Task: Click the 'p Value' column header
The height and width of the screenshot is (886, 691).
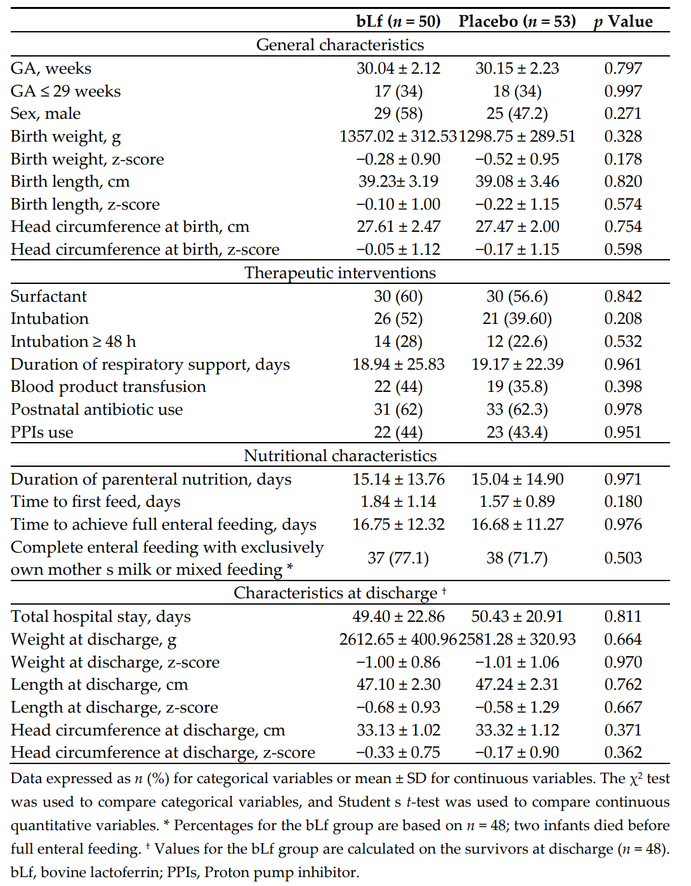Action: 623,22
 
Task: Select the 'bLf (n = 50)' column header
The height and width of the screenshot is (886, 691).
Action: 398,22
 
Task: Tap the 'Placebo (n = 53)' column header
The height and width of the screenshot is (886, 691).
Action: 517,22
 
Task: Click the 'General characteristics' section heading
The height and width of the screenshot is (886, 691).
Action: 340,45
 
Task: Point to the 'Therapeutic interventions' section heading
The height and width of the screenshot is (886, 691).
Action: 340,273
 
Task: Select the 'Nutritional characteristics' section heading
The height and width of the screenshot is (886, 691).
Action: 340,456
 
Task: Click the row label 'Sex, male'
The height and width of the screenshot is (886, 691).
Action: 46,114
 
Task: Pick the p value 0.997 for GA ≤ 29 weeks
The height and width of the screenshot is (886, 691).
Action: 623,91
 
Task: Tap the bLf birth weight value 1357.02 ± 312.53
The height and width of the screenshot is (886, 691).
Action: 398,137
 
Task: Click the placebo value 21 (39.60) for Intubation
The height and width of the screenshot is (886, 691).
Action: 517,319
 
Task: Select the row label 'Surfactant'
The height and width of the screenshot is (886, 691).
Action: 49,297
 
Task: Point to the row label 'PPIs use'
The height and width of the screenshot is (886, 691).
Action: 42,433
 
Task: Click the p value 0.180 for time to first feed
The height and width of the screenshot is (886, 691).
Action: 623,502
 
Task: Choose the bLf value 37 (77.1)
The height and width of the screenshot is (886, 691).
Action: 398,558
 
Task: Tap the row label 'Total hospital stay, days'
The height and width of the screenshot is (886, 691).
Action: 101,617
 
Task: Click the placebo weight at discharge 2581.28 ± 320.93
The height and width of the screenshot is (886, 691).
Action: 517,640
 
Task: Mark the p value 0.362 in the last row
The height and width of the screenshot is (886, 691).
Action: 623,753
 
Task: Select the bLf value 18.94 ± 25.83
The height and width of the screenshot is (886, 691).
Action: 398,365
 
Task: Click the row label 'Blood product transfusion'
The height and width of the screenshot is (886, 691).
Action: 109,387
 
